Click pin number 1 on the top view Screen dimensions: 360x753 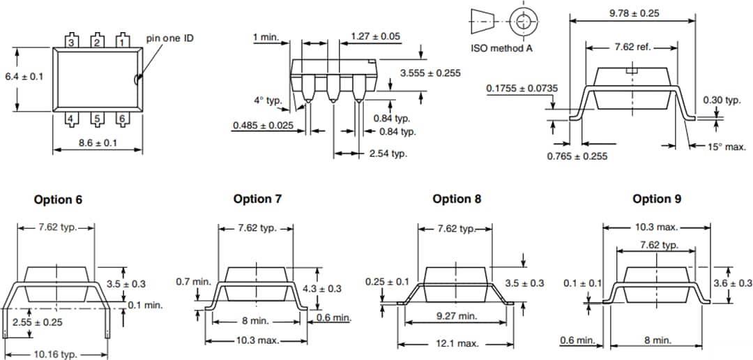[x=122, y=42]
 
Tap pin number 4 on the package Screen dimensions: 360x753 [x=70, y=119]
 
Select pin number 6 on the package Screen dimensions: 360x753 [x=122, y=119]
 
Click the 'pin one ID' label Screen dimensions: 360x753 [x=169, y=38]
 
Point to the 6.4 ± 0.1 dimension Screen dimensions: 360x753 [x=24, y=76]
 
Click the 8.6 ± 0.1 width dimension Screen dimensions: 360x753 [x=96, y=143]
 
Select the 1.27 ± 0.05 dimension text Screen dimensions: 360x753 [x=375, y=36]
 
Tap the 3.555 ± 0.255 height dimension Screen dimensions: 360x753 [x=430, y=73]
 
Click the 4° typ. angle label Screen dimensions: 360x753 [x=268, y=100]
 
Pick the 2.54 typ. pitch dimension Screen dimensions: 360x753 [x=388, y=153]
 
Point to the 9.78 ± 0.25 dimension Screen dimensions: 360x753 [x=634, y=13]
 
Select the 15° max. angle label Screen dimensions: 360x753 [x=727, y=147]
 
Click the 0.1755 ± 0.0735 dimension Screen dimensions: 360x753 [x=522, y=89]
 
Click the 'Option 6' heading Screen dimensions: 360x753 [x=58, y=200]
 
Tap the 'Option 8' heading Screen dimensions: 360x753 [x=457, y=199]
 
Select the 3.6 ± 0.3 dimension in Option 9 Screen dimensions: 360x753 [x=733, y=283]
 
